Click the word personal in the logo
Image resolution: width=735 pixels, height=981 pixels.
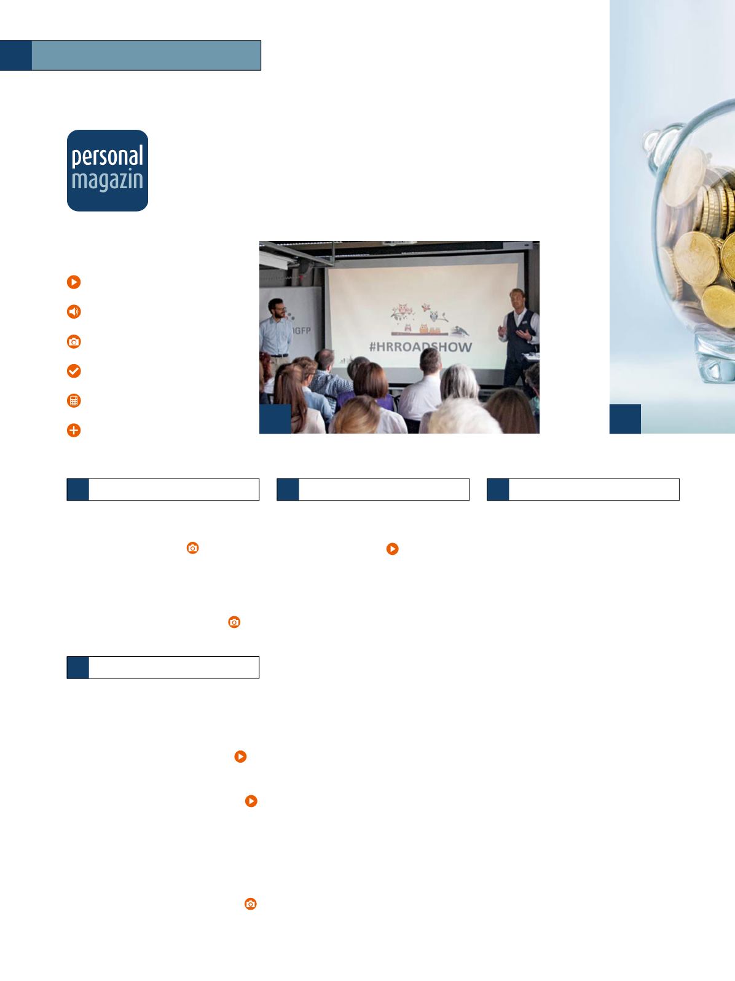click(107, 157)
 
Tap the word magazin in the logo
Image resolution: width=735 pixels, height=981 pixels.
click(107, 181)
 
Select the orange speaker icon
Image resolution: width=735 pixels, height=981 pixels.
click(74, 311)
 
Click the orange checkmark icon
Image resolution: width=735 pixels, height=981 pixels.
click(74, 371)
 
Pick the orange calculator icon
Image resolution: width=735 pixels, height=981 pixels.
click(74, 400)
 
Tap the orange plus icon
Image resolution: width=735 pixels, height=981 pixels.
click(74, 431)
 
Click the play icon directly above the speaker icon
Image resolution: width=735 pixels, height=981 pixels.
click(74, 282)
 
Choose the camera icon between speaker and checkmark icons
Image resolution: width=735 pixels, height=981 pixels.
click(74, 342)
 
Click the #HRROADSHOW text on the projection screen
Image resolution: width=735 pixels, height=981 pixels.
click(420, 347)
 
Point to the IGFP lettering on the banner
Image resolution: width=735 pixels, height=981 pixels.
click(302, 331)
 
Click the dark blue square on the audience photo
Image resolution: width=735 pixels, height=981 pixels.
click(275, 419)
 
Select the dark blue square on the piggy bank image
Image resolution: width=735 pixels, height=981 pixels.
click(625, 419)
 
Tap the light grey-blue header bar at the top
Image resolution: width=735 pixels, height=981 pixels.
click(146, 55)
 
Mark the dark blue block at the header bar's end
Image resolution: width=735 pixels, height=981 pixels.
click(15, 55)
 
